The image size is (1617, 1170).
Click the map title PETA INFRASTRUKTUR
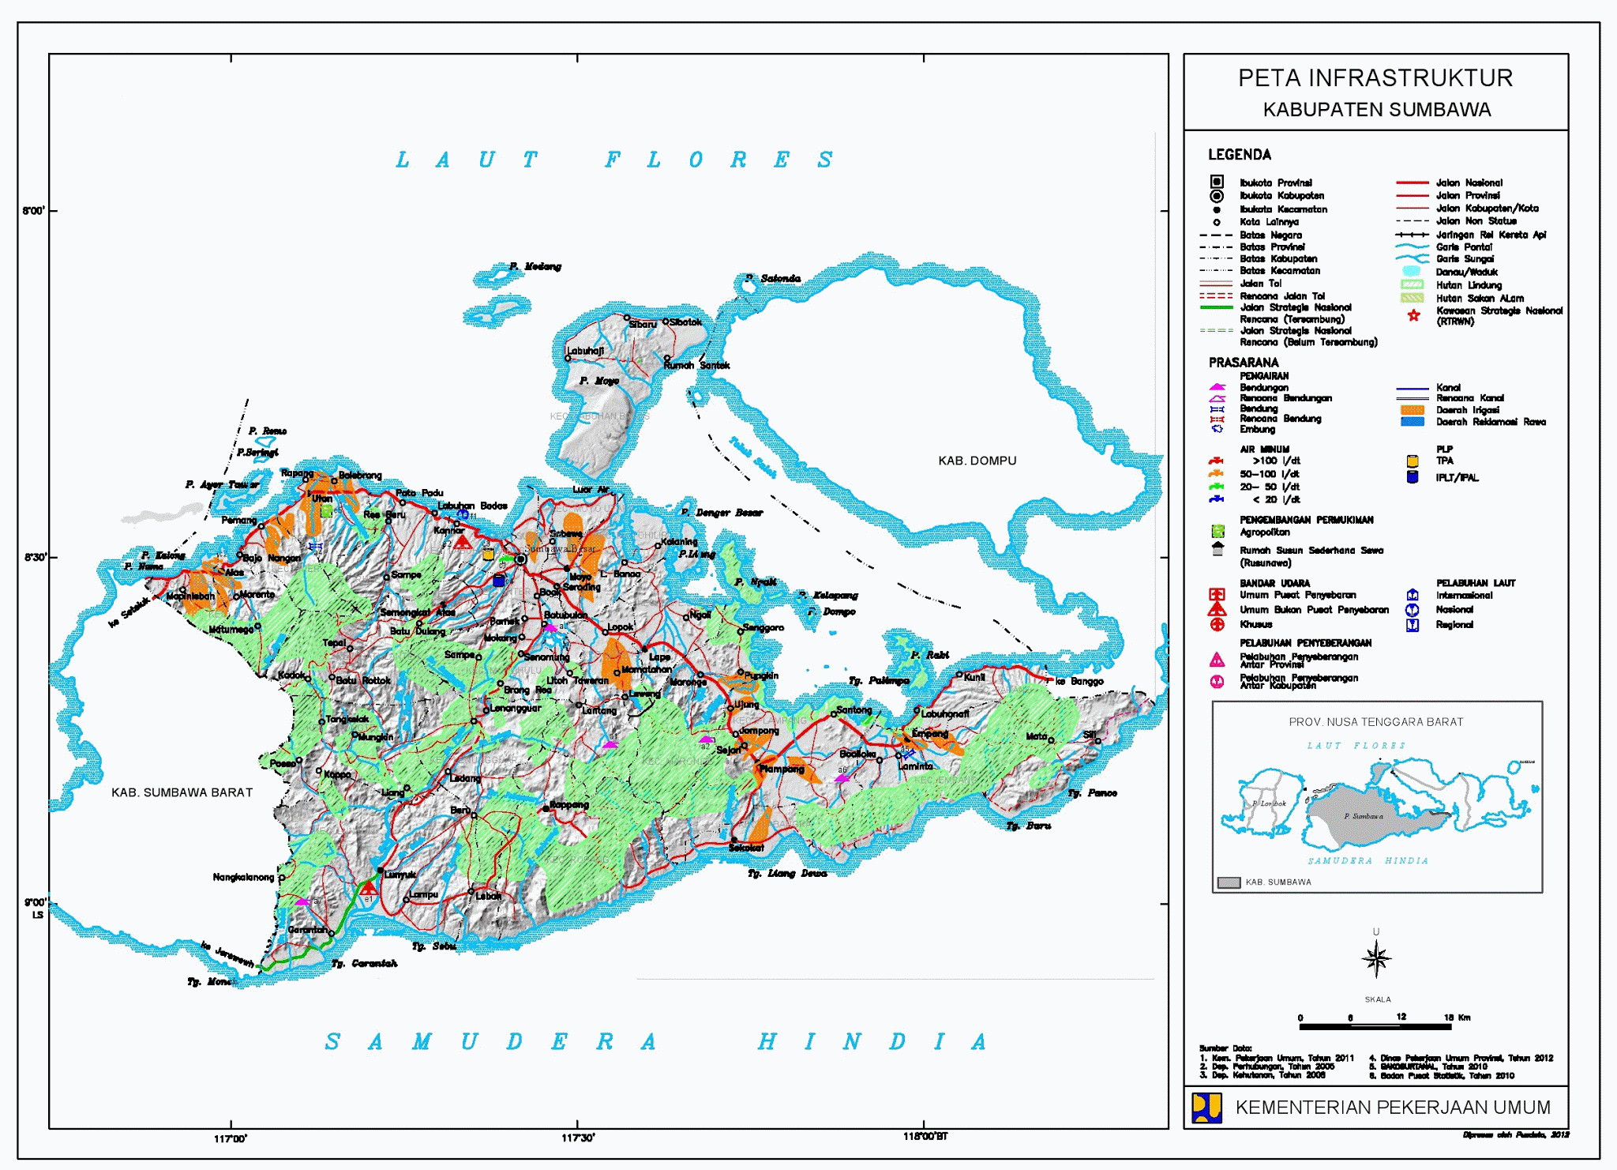[x=1375, y=78]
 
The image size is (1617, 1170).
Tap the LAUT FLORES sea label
[x=613, y=160]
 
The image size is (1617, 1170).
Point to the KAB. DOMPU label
[x=977, y=461]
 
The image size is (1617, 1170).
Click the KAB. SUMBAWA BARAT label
[x=182, y=792]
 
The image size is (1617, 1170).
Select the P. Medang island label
[x=535, y=266]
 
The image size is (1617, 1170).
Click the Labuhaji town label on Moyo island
[x=585, y=351]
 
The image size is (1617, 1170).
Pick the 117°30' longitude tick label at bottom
[x=578, y=1138]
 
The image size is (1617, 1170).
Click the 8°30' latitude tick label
[x=35, y=557]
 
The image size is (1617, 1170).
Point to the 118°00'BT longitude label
[x=925, y=1137]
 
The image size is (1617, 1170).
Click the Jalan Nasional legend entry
[x=1469, y=182]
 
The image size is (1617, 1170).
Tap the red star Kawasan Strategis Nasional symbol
[x=1413, y=315]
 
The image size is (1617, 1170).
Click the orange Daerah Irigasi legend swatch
[x=1412, y=410]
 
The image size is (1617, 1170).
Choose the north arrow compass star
[x=1376, y=959]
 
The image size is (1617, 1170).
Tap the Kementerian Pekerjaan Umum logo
[x=1206, y=1108]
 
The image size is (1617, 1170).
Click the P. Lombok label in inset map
[x=1269, y=803]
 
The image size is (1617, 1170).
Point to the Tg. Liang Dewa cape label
[x=787, y=873]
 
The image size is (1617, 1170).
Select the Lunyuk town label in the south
[x=400, y=875]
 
